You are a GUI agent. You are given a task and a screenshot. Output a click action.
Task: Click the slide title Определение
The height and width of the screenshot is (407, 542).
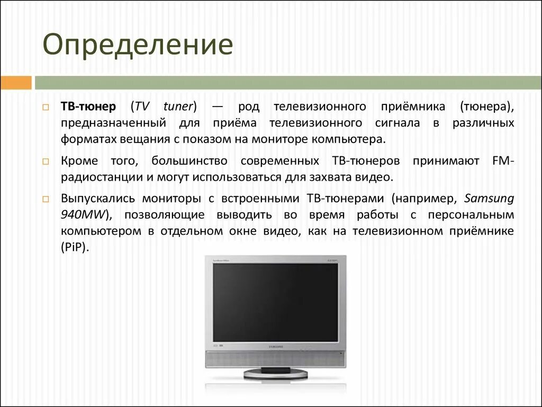138,46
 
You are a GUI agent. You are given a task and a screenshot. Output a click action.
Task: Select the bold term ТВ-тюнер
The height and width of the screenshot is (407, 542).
88,106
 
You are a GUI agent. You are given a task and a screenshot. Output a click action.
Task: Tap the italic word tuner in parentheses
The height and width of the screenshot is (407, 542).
180,106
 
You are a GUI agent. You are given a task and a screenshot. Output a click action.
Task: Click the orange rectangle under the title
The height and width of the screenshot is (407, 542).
16,83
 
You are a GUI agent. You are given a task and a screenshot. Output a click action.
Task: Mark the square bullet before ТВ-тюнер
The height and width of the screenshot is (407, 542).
47,107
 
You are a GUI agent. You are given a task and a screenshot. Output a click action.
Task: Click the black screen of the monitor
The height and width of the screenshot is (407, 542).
275,302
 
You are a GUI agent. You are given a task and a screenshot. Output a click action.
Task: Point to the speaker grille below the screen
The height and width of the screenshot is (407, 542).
275,360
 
